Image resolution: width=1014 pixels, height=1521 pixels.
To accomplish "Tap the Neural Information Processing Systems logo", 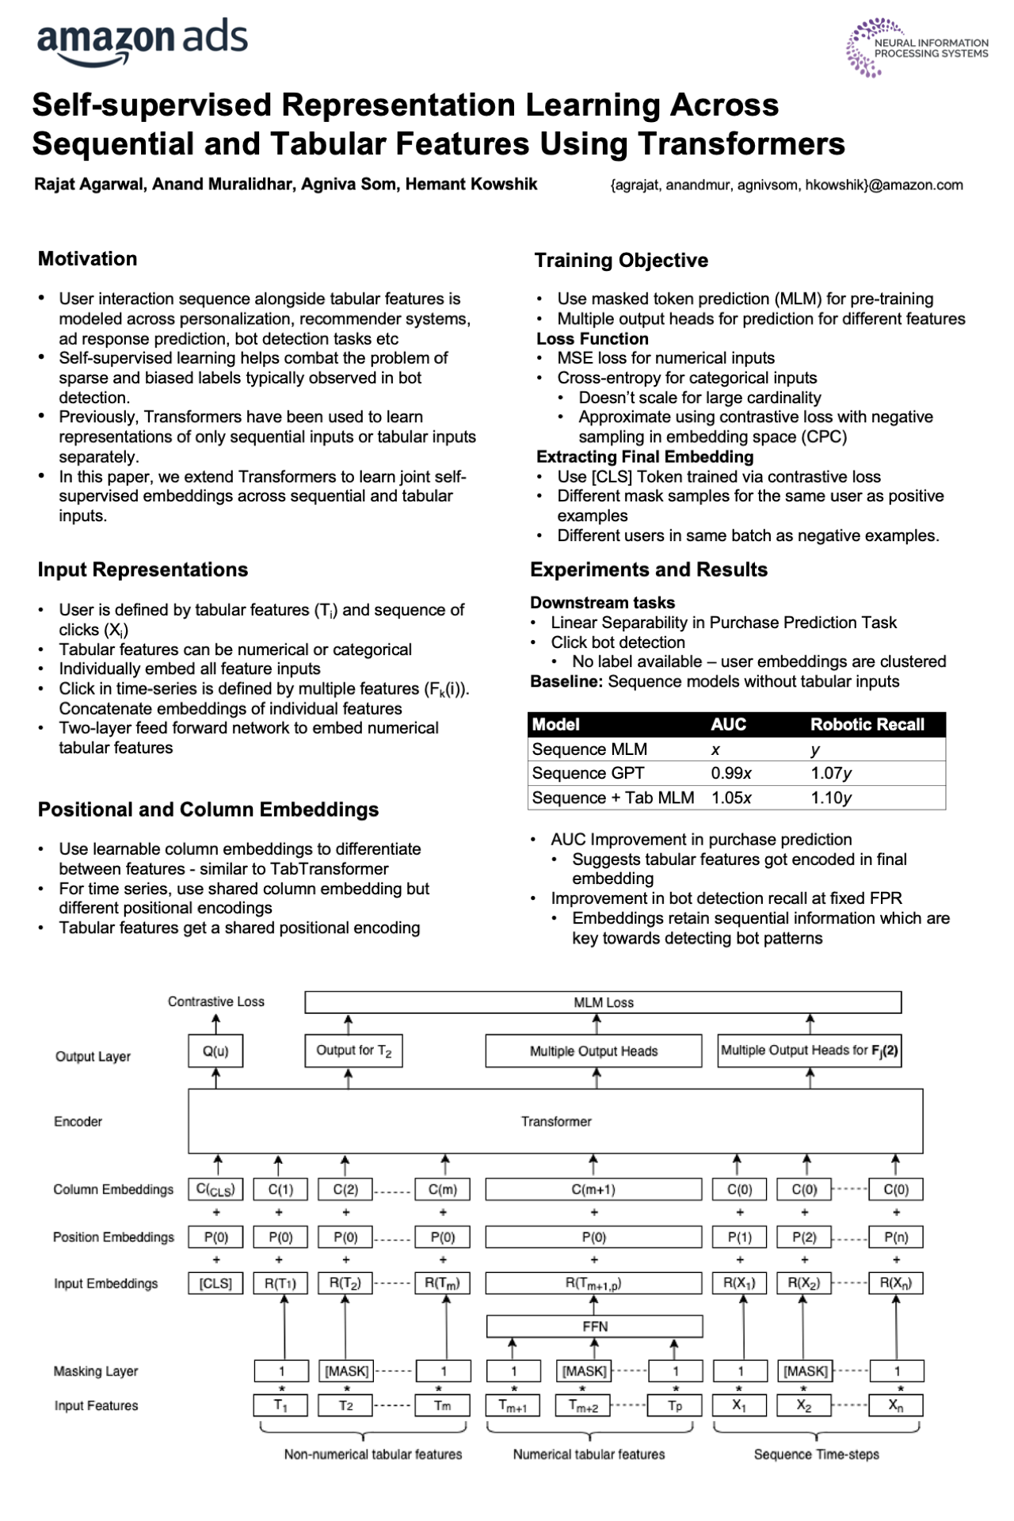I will tap(917, 48).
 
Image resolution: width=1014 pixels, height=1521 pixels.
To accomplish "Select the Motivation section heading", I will tap(87, 259).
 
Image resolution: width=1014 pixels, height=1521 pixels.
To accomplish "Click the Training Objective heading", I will tap(621, 261).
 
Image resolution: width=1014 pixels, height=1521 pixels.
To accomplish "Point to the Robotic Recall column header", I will tap(867, 724).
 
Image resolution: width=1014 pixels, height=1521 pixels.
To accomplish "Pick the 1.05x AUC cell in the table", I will tap(731, 798).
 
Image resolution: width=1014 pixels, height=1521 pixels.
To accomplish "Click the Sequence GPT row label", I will tap(588, 773).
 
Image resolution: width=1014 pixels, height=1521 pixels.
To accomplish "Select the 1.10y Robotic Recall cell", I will tap(831, 798).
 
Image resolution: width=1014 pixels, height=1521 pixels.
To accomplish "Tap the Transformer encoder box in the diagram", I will tap(555, 1121).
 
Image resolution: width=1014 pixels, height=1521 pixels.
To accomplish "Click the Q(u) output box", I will tap(215, 1051).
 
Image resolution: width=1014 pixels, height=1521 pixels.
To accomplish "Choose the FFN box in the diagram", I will tap(594, 1326).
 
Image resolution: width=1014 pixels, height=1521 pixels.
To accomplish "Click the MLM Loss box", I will tap(603, 1002).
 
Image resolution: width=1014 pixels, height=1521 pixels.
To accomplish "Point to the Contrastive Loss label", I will tap(215, 1001).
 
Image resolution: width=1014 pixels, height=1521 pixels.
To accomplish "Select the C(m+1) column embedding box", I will tap(593, 1189).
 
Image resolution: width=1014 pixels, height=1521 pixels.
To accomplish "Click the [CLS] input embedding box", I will tap(215, 1283).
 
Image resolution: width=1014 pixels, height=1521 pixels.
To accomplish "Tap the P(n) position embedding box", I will tap(896, 1237).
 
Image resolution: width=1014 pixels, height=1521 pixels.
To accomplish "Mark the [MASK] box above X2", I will tap(805, 1370).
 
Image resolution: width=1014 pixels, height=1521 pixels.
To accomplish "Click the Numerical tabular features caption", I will tap(589, 1454).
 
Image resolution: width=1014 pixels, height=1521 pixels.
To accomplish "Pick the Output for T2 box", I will tap(353, 1050).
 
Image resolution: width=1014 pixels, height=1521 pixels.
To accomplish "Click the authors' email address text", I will tap(787, 185).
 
